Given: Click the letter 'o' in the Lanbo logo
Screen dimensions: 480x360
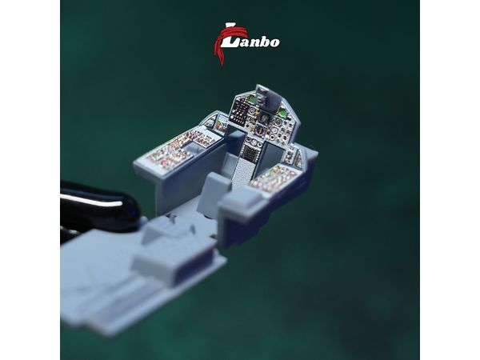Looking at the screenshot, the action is coord(274,42).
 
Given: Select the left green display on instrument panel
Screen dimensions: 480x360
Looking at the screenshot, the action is coord(252,99).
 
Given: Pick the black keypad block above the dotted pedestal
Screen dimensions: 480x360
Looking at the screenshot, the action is coord(250,151).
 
